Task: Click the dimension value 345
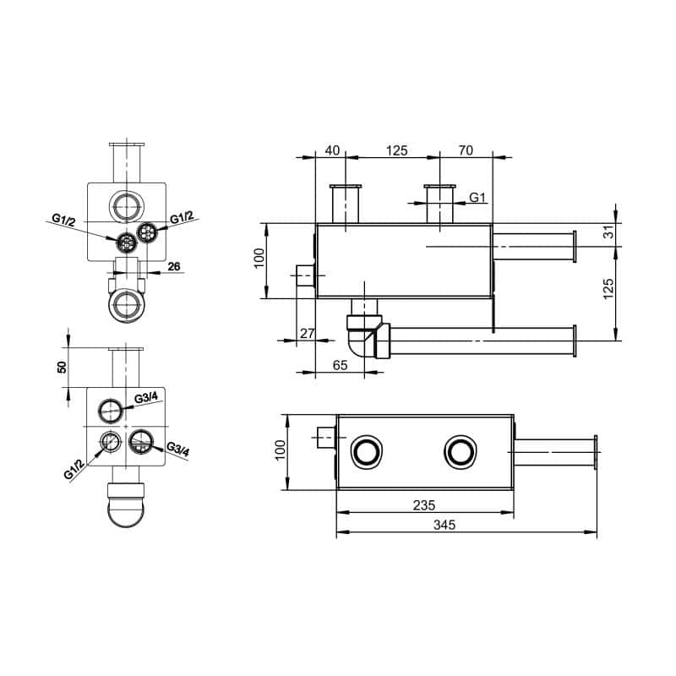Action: point(444,525)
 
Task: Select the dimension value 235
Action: point(424,504)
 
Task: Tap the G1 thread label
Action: point(478,198)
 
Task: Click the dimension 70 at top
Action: point(465,150)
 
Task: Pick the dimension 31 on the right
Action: point(608,232)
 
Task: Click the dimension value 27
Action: point(307,335)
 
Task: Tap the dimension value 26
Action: point(175,267)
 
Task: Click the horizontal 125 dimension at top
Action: point(396,150)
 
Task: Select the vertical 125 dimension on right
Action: point(608,292)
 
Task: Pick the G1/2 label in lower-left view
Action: point(74,470)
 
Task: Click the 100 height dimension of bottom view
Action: point(280,451)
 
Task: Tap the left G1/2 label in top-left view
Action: point(64,220)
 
